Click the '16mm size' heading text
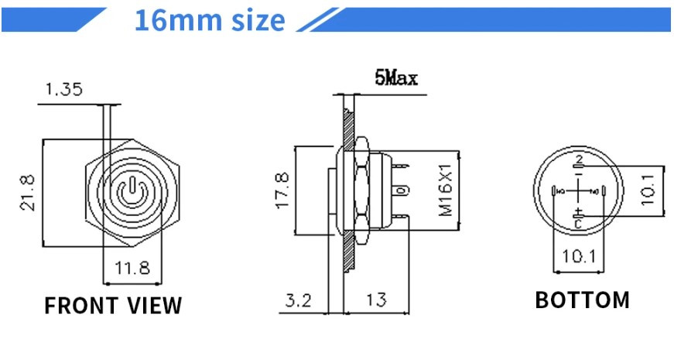(210, 20)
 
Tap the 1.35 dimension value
(63, 90)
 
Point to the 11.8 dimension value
(132, 269)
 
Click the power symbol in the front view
(131, 190)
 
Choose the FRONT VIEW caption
(113, 306)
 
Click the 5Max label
(396, 78)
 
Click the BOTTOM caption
(582, 300)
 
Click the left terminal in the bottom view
(553, 190)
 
